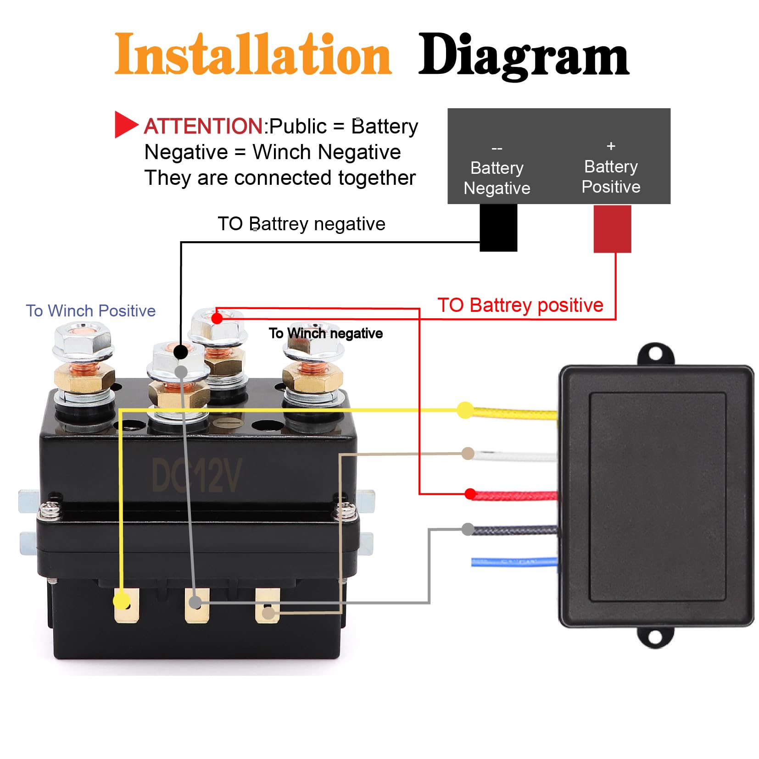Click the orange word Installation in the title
pos(252,55)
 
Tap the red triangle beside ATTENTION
pos(125,124)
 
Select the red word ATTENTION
pos(203,126)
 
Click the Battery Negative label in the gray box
pos(497,178)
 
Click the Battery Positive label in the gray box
pos(610,177)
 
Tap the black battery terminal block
pos(498,227)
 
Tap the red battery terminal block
pos(612,228)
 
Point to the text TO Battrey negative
pos(301,224)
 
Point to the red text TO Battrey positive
pos(520,305)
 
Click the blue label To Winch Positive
pos(90,310)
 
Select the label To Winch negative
pos(325,333)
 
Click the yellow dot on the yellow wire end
pos(465,410)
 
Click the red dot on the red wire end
pos(470,494)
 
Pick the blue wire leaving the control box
pos(514,562)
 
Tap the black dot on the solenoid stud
pos(180,352)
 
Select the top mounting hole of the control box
pos(656,354)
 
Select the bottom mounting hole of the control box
pos(655,637)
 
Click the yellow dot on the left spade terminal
pos(121,600)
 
